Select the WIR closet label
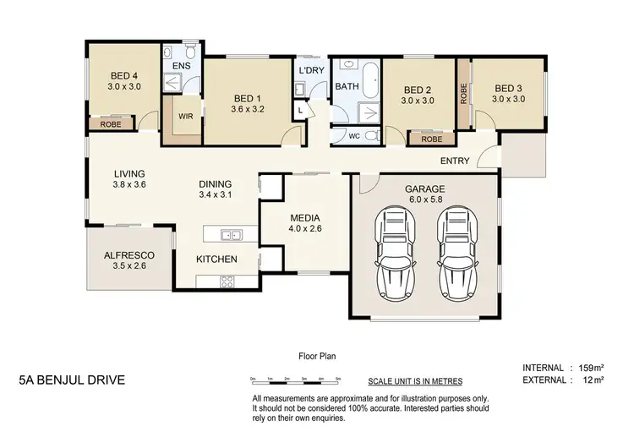tap(186, 117)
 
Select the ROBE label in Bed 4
tap(110, 124)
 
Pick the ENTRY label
tap(455, 161)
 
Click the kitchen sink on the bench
tap(228, 234)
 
